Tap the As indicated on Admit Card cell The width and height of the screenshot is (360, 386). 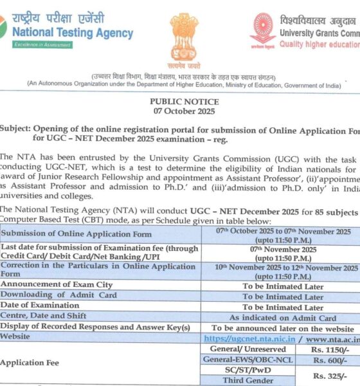pos(283,318)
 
